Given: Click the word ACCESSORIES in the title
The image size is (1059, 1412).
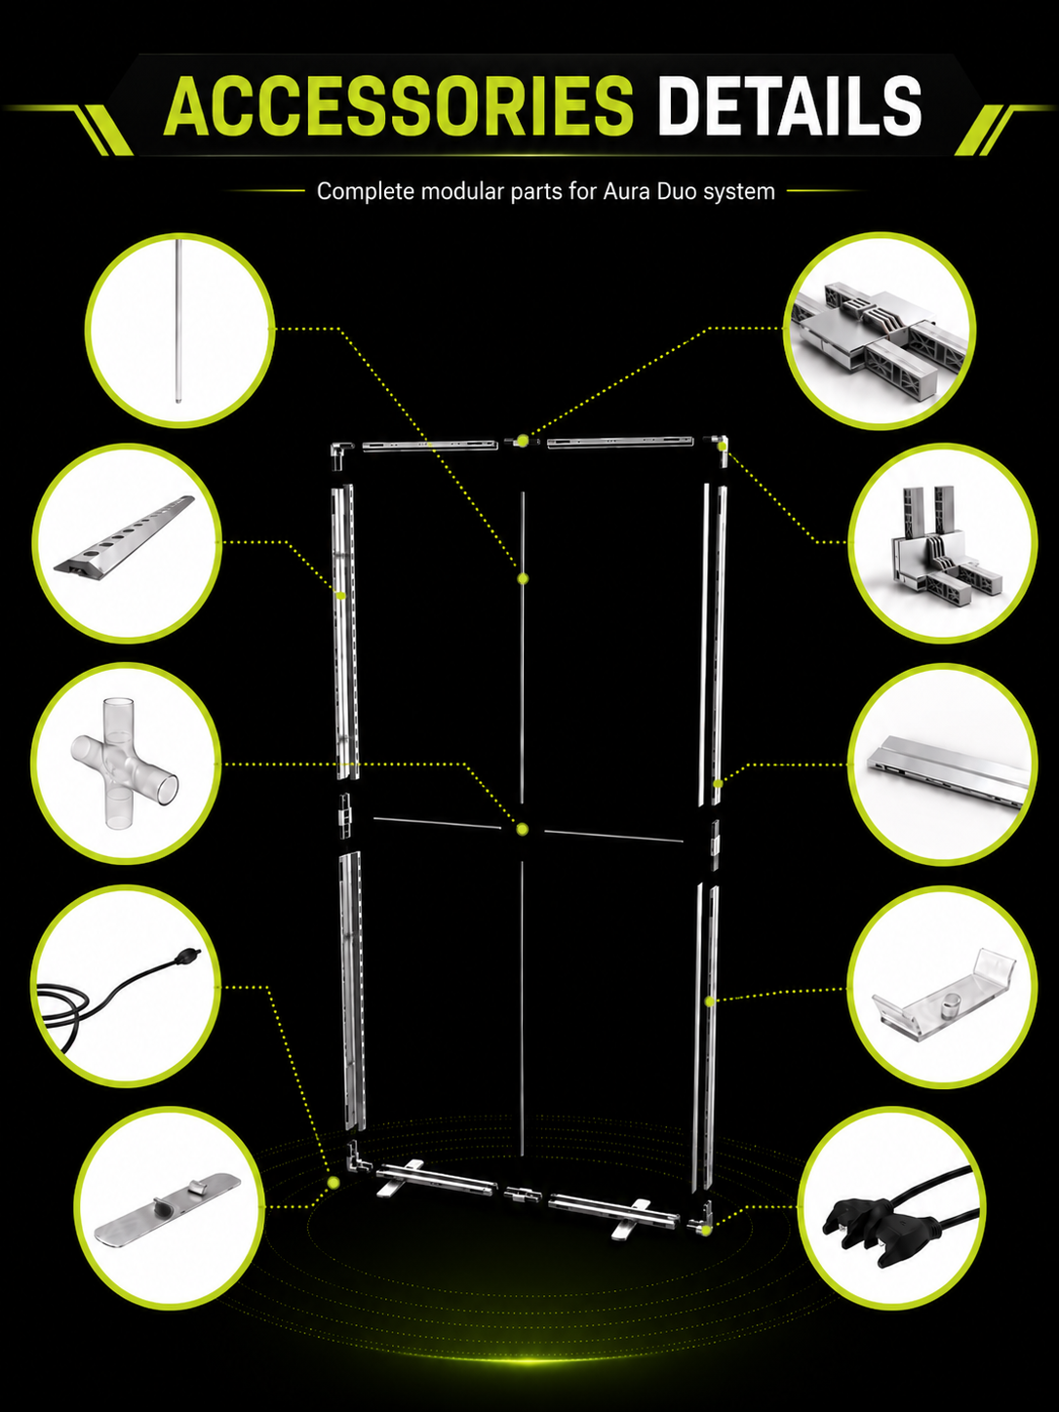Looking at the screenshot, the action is [x=399, y=105].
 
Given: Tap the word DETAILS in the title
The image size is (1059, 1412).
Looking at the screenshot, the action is [x=790, y=105].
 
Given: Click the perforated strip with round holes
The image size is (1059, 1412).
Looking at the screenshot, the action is [x=124, y=533].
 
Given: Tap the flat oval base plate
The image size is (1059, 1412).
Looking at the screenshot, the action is [x=167, y=1208].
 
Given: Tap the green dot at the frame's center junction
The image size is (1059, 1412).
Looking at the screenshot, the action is [x=522, y=829].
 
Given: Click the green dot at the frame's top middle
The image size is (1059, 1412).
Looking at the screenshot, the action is [x=522, y=441].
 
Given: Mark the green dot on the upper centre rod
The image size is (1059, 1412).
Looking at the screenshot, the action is [x=523, y=579].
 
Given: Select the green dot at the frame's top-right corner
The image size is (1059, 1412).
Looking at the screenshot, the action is [x=723, y=445].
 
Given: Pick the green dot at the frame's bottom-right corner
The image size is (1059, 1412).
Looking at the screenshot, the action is [x=706, y=1231].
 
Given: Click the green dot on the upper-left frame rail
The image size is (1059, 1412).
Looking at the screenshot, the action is [x=341, y=596].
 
